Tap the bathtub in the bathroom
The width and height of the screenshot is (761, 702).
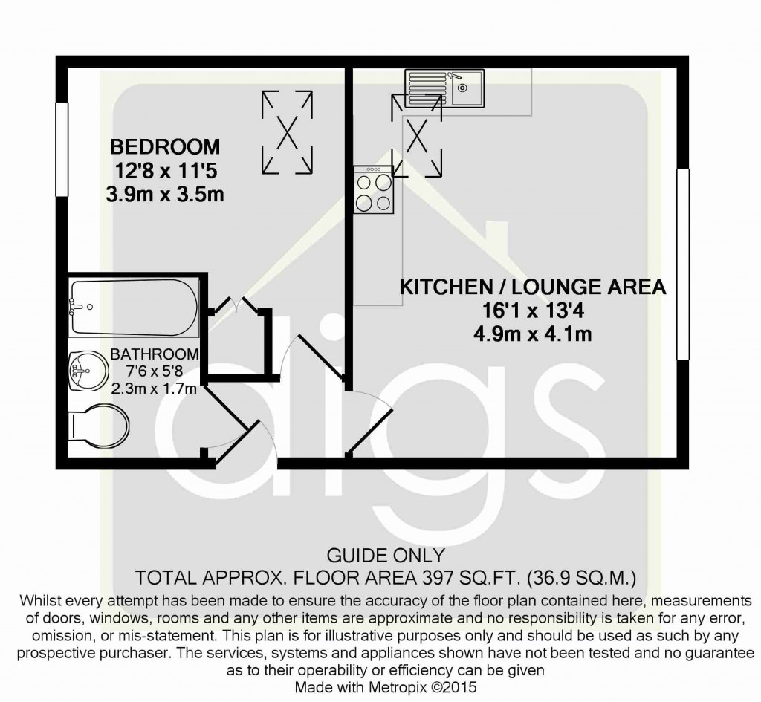click(134, 307)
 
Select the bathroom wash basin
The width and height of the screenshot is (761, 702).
click(85, 369)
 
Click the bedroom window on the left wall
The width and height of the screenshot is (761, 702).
click(62, 149)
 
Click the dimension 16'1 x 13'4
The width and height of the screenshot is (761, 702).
click(532, 310)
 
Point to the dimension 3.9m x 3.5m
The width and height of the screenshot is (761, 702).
click(166, 195)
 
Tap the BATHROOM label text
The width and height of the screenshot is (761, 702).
click(155, 354)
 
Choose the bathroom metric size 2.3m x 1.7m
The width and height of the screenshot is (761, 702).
click(154, 387)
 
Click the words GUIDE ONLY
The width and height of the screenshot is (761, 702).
click(386, 556)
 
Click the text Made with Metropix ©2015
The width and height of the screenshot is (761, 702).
click(385, 687)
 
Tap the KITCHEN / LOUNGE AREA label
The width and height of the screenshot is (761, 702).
click(533, 287)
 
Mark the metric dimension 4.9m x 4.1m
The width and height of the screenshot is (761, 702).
click(532, 334)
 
